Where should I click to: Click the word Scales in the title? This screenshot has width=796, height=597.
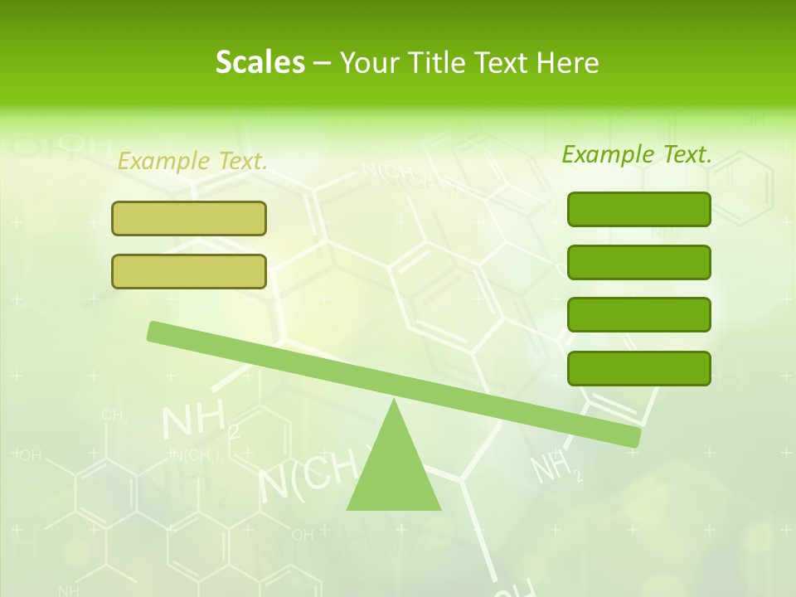[260, 62]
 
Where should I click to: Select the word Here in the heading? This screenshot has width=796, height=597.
[567, 62]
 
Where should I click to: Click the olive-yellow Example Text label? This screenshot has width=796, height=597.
[192, 161]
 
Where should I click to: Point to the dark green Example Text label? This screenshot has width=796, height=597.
[637, 153]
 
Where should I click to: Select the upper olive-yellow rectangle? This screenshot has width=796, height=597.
[189, 218]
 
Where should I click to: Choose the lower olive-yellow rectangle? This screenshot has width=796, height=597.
[189, 271]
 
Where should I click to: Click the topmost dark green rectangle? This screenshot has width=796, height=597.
[639, 209]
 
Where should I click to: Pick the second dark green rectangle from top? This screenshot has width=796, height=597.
[639, 262]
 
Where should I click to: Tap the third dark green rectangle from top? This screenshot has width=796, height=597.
[639, 314]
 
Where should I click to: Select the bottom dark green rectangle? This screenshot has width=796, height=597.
[639, 368]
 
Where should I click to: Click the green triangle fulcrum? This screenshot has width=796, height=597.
[393, 473]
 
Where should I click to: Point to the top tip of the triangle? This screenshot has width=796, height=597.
[394, 402]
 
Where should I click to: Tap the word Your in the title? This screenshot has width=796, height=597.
[369, 62]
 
